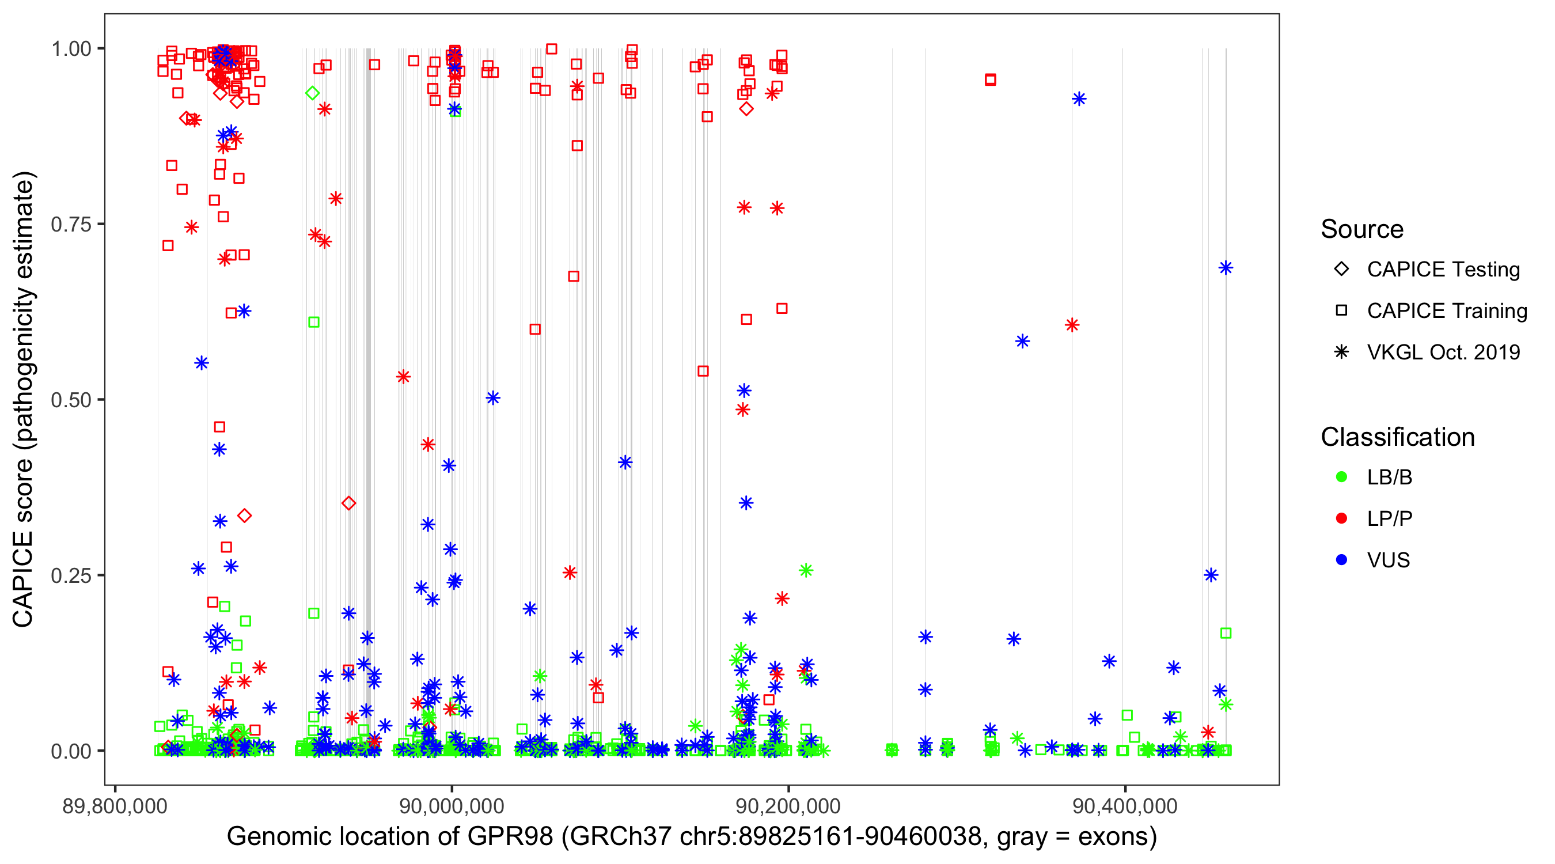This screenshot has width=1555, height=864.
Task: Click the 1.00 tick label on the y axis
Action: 71,49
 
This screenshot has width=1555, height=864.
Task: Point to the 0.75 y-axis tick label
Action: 71,225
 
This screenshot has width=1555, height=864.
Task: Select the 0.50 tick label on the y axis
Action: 71,400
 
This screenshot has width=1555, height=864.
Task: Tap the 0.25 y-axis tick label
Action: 71,575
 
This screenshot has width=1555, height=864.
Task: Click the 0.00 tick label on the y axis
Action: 71,751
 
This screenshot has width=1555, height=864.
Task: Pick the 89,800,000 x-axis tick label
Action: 115,806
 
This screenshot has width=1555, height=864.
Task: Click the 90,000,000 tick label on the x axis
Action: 452,806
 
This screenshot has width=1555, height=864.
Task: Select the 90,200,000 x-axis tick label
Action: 788,806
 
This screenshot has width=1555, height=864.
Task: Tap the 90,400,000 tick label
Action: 1125,806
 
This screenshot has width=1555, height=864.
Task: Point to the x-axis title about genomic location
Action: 692,837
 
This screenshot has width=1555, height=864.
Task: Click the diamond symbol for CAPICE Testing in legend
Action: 1341,270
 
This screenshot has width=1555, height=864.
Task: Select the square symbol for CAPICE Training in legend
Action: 1341,311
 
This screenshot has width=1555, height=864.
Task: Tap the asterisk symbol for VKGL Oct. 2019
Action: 1341,352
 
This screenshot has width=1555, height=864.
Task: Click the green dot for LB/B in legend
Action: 1341,477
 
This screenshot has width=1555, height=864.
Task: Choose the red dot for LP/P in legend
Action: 1341,518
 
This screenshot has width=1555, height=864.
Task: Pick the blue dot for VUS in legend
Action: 1341,560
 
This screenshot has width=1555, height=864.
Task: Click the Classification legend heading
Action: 1397,437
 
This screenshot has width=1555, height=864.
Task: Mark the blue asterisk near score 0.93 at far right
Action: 1079,99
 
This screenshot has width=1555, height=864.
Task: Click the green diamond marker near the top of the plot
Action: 312,93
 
